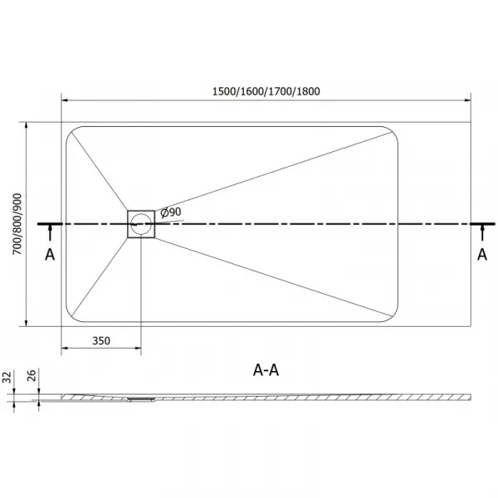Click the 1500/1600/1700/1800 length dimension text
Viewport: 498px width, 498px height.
coord(266,91)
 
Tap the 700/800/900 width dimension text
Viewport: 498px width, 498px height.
coord(17,224)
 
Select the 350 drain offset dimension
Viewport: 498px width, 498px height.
coord(101,341)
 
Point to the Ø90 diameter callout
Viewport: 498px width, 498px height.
coord(171,212)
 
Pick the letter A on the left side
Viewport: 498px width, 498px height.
coord(50,255)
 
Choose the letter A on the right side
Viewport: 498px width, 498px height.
coord(482,255)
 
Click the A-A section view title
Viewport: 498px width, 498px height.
coord(266,370)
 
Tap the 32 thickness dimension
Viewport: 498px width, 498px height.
coord(7,377)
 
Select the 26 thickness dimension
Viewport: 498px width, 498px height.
coord(32,376)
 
